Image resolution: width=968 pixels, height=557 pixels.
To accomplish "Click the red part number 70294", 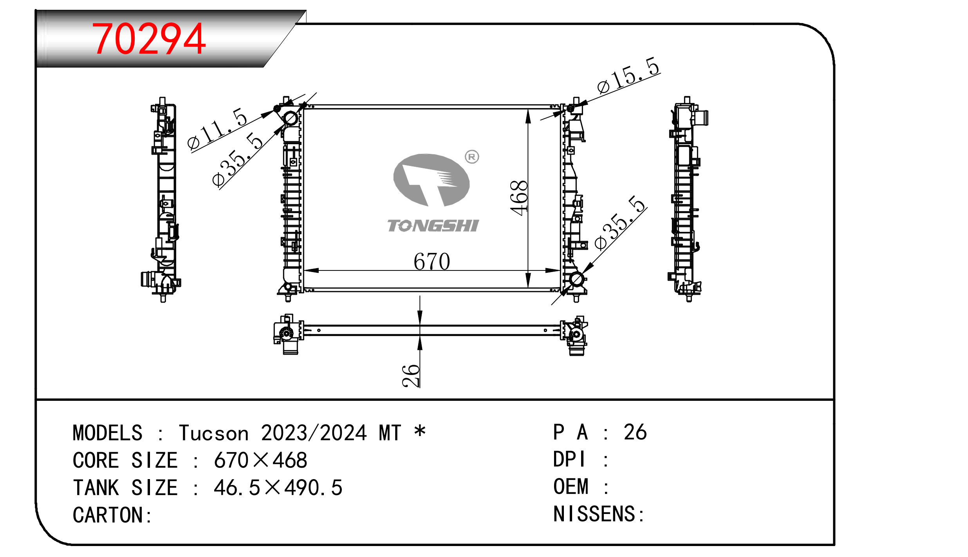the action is pos(148,39).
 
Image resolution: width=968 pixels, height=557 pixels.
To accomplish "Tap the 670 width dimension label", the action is pos(432,261).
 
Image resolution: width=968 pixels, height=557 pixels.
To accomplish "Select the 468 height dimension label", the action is pos(519,198).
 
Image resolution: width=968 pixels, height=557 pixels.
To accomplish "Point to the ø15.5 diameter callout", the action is pos(628,75).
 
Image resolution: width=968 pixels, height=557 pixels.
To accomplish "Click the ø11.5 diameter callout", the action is pos(217,128).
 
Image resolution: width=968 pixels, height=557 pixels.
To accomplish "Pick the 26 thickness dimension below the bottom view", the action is pos(411,376).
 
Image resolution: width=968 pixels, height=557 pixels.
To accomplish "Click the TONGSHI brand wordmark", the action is pos(433,225).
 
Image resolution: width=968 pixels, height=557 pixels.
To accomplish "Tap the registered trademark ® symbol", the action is pos(472,157).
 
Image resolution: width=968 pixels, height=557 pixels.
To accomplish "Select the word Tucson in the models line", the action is pos(214,433).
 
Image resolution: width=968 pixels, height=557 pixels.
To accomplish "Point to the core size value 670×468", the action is pos(260,460).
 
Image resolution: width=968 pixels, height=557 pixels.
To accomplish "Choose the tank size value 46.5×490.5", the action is pos(278,487).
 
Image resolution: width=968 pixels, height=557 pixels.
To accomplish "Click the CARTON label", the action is pos(112,515).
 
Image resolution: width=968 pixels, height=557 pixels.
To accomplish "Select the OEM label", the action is pos(571,487).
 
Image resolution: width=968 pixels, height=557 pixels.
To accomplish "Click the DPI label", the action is pos(569,459).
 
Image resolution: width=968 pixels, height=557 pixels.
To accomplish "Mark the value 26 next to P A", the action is pos(635,432).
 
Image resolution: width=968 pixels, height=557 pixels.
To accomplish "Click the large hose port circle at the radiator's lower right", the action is pos(576,279).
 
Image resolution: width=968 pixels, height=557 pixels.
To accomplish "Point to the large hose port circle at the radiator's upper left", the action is pos(291,118).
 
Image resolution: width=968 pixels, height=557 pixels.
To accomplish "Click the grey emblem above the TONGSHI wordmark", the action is pos(431,180).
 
